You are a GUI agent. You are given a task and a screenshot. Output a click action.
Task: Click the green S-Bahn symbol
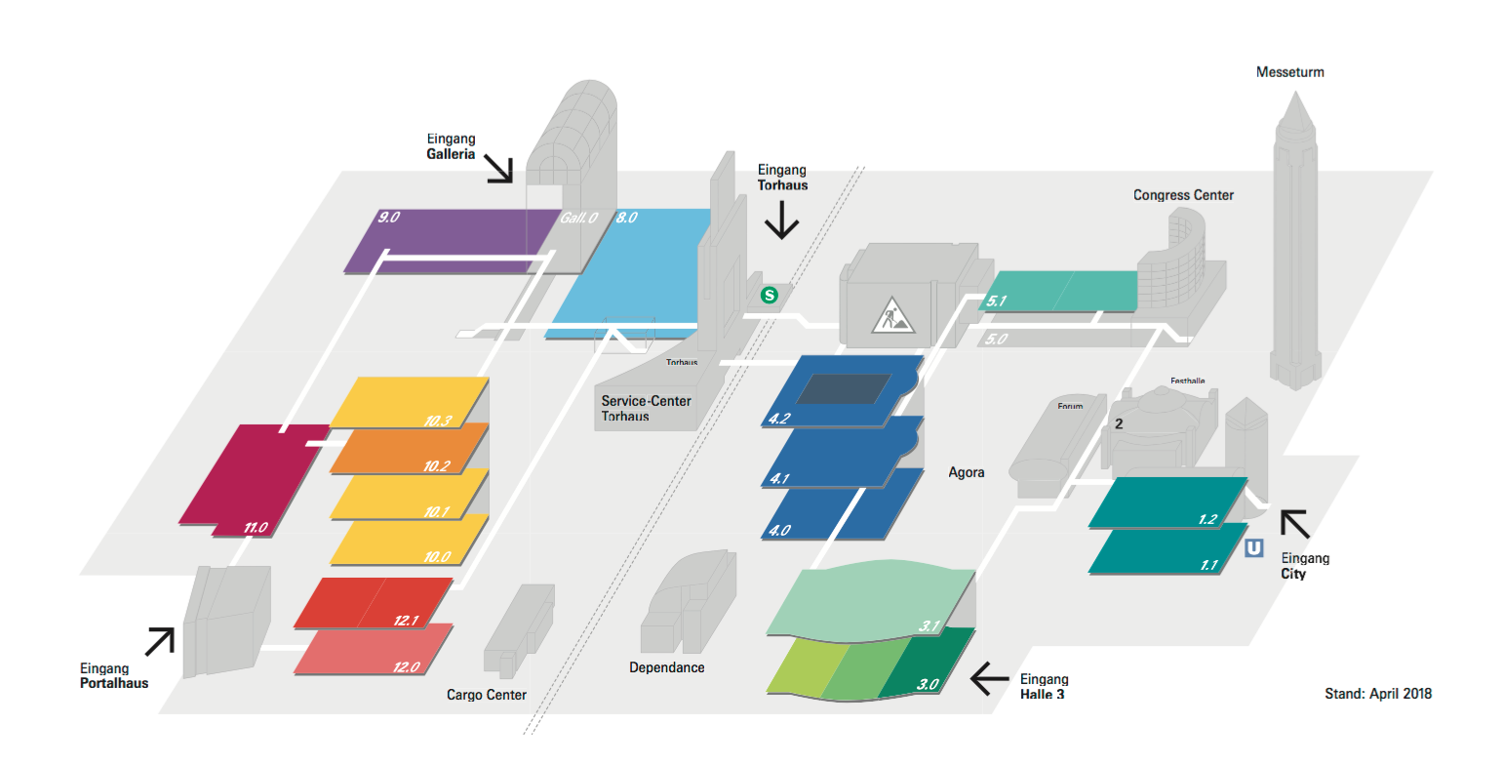pyautogui.click(x=770, y=294)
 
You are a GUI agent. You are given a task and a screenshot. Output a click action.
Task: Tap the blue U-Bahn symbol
pyautogui.click(x=1254, y=548)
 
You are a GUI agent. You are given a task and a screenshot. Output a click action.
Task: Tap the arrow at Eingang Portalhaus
pyautogui.click(x=160, y=640)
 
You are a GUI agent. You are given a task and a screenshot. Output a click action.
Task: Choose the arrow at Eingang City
pyautogui.click(x=1295, y=524)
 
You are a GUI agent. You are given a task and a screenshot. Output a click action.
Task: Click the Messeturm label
pyautogui.click(x=1289, y=72)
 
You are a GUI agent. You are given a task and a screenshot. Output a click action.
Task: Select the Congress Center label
pyautogui.click(x=1183, y=195)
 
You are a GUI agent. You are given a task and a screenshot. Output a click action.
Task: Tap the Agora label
pyautogui.click(x=967, y=472)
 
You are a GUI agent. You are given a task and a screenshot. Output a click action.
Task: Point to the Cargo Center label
pyautogui.click(x=486, y=695)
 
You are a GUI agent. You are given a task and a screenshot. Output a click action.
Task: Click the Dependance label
pyautogui.click(x=667, y=667)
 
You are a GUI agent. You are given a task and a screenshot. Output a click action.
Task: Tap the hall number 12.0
pyautogui.click(x=407, y=667)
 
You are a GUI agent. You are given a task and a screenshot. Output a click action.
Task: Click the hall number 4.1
pyautogui.click(x=779, y=478)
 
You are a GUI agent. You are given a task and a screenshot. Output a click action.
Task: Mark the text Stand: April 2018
pyautogui.click(x=1377, y=694)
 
